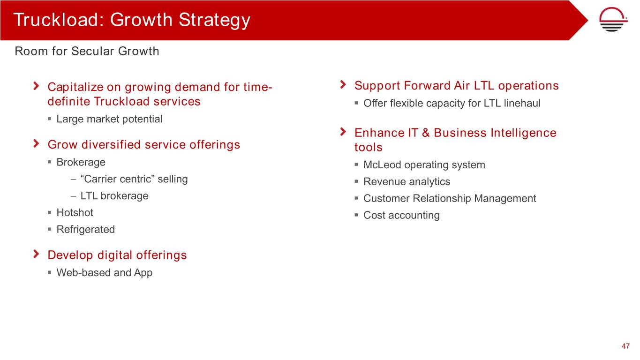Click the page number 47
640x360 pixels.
point(625,346)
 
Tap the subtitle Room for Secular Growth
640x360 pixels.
point(87,51)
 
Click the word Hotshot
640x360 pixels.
point(75,212)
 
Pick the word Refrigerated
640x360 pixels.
point(86,229)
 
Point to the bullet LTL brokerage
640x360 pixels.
point(114,196)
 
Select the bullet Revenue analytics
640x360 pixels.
point(407,182)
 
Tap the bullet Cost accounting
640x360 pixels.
point(401,216)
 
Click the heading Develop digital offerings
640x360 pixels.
point(117,255)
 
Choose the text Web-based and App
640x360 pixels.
point(104,272)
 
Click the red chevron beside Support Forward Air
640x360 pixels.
point(343,84)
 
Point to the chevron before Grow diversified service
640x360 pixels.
point(36,143)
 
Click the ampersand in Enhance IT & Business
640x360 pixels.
point(426,133)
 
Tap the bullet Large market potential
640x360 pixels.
point(109,119)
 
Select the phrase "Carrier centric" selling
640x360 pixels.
point(134,179)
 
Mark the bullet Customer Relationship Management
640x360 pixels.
point(450,199)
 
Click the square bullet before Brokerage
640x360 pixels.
point(49,162)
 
